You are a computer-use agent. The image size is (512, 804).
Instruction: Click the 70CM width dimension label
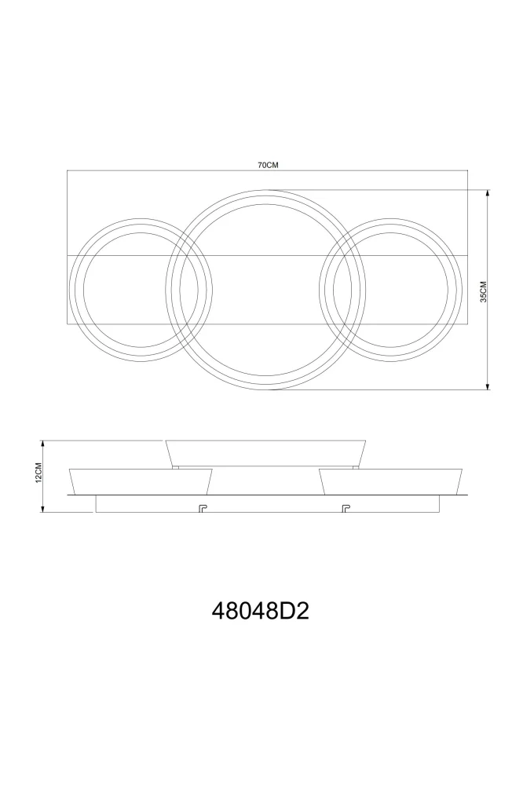tap(267, 165)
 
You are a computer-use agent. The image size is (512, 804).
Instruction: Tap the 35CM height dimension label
tap(483, 292)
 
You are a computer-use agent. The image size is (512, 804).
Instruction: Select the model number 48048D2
tap(260, 611)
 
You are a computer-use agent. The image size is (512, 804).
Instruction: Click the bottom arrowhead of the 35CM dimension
tap(488, 386)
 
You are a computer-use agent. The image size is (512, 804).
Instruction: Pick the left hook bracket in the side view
tap(202, 508)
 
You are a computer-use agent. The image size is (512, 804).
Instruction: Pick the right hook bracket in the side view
tap(346, 508)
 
